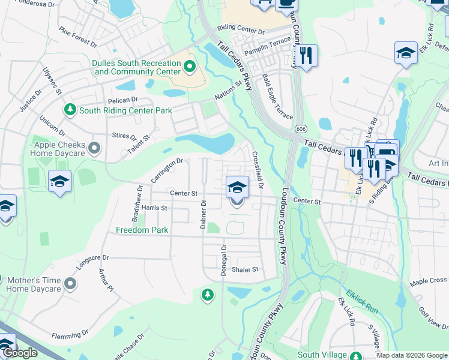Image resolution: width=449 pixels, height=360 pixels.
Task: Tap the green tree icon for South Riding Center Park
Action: [70, 110]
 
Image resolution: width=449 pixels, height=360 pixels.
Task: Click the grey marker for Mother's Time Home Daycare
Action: [71, 283]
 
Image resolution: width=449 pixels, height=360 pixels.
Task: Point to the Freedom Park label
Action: [142, 230]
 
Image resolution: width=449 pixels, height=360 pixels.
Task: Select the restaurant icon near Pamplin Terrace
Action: [306, 56]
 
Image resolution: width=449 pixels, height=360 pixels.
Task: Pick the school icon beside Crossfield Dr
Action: [237, 187]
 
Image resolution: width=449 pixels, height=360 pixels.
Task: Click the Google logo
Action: [20, 353]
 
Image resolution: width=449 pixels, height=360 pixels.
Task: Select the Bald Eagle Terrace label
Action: [277, 97]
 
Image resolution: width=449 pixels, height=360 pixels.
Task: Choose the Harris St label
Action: [154, 208]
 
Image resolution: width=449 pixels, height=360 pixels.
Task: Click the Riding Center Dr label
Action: [241, 29]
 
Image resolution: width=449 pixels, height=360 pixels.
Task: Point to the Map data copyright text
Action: [411, 355]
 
